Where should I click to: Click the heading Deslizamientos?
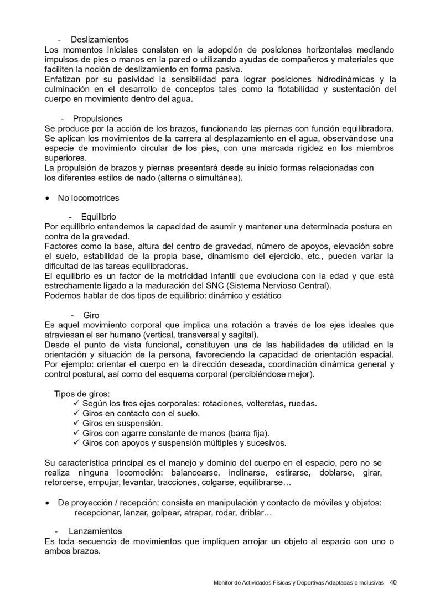(x=100, y=40)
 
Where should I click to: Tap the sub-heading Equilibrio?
(x=99, y=217)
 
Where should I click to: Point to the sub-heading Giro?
(x=91, y=315)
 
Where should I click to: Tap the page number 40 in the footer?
(x=393, y=582)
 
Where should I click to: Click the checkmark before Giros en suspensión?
(x=76, y=423)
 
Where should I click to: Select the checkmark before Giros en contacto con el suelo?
(x=76, y=413)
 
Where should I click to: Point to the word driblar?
(x=254, y=513)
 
